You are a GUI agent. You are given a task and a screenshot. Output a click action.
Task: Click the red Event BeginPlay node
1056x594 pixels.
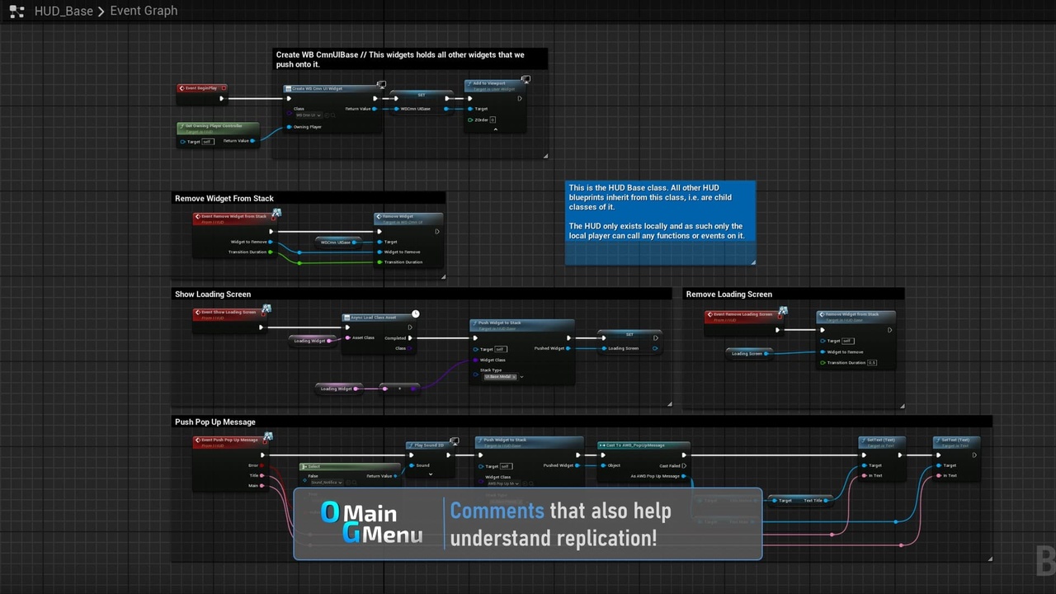tap(202, 87)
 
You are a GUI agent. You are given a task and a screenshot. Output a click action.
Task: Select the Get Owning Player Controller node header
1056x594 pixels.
tap(216, 127)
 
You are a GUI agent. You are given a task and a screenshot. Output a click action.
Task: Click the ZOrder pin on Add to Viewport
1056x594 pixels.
tap(481, 120)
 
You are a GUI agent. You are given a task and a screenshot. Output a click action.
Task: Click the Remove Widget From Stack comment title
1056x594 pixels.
tap(224, 199)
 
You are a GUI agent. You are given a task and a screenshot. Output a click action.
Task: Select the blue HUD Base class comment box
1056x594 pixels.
tap(660, 223)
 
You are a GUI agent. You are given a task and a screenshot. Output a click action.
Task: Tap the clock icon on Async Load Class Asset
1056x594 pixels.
tap(416, 313)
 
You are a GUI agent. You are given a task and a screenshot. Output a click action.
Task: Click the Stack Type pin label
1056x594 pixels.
tap(492, 370)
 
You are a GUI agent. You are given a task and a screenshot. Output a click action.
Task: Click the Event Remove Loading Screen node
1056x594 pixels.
tap(742, 315)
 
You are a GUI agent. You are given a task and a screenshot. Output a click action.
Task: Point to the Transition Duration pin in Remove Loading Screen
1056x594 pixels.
tap(846, 362)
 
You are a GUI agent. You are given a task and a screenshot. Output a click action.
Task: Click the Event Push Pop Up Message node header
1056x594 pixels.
tap(230, 441)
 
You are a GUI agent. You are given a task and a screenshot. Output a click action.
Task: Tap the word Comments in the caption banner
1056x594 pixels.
tap(497, 511)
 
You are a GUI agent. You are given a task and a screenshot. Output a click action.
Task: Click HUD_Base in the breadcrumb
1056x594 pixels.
tap(64, 11)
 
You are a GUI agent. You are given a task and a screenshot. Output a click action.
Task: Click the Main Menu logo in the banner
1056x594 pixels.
tap(371, 524)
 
